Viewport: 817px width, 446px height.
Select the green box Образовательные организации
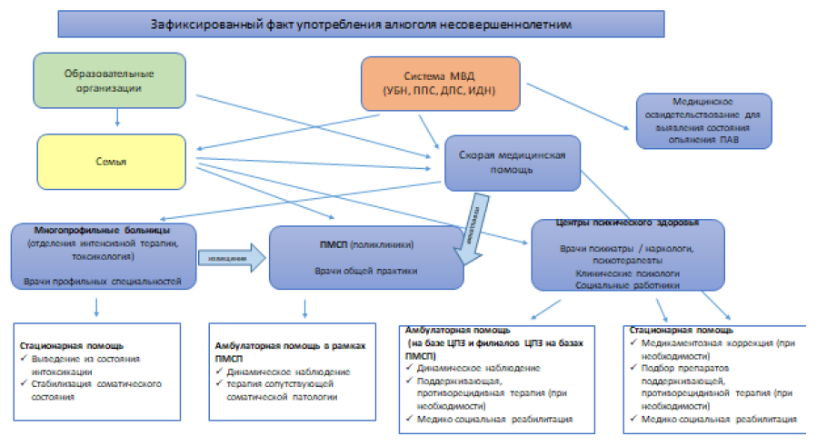(x=108, y=81)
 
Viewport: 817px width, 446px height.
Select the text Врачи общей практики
(x=367, y=271)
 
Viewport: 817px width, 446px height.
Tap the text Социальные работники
(x=627, y=285)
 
